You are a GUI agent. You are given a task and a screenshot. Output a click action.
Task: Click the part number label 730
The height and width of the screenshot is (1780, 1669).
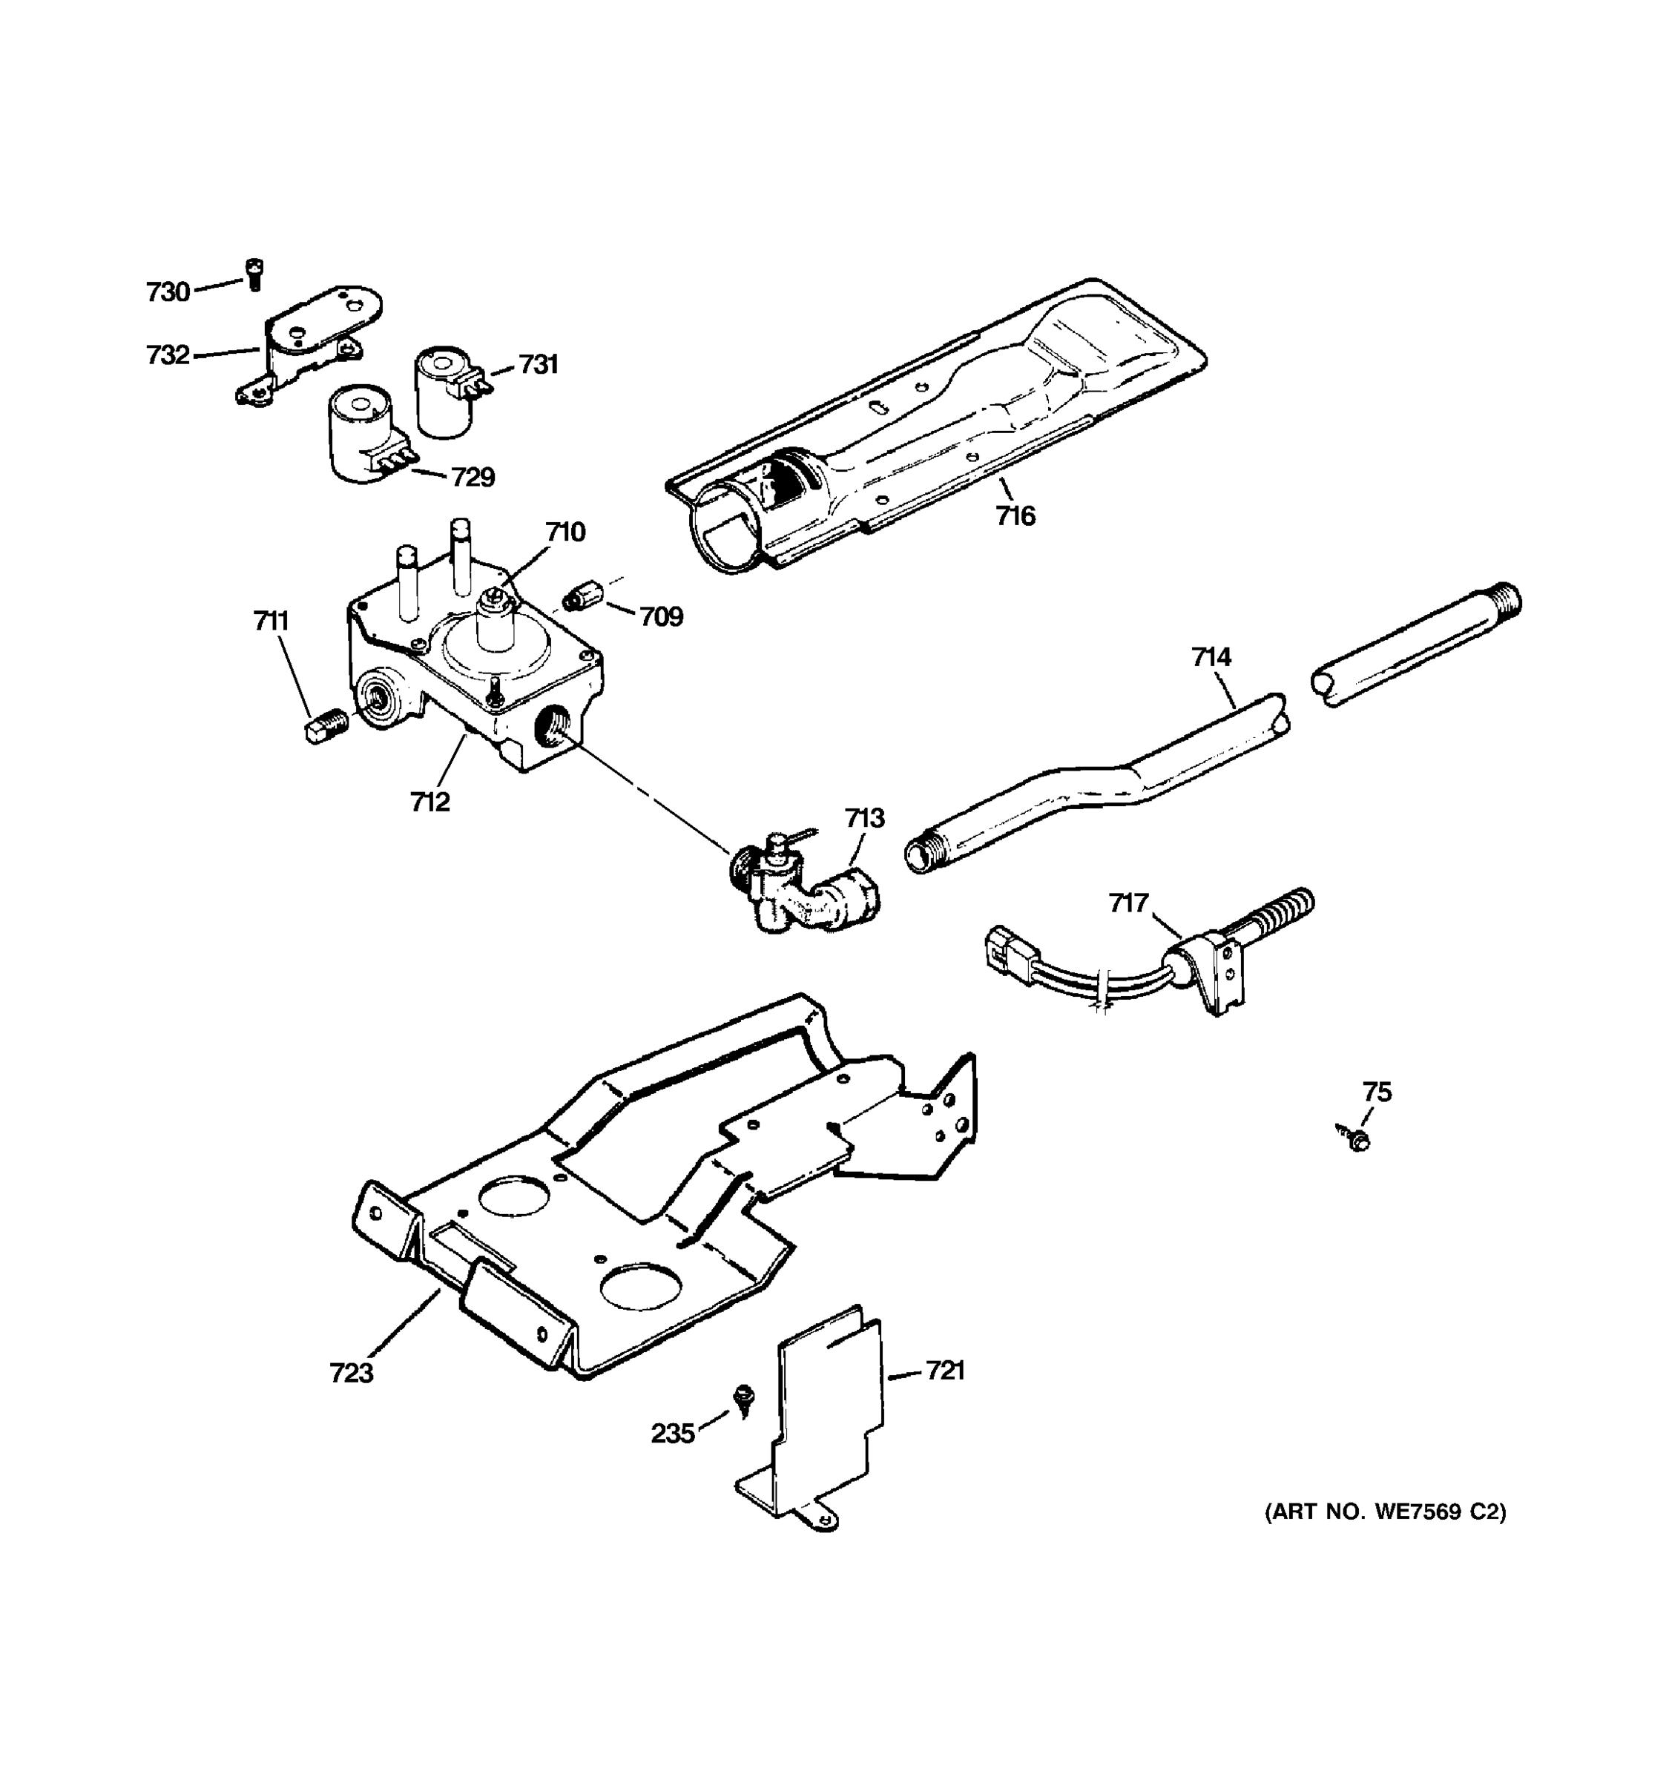click(x=168, y=292)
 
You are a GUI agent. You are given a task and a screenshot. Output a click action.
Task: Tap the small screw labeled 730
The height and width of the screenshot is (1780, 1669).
click(x=254, y=273)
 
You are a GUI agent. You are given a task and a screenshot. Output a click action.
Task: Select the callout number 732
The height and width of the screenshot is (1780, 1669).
click(x=168, y=355)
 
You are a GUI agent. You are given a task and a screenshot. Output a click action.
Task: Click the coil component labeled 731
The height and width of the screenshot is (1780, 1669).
click(x=444, y=392)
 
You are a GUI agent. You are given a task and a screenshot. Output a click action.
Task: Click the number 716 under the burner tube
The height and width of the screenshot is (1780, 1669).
click(x=1015, y=515)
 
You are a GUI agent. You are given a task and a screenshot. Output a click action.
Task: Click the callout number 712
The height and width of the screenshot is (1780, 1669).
click(x=429, y=801)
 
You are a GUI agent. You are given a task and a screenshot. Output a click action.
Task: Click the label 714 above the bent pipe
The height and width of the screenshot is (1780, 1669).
click(x=1211, y=656)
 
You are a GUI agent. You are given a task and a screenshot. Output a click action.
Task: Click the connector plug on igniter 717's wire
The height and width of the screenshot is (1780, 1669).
click(x=1007, y=950)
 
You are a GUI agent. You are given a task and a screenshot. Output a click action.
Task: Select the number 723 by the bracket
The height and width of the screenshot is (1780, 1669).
click(x=351, y=1373)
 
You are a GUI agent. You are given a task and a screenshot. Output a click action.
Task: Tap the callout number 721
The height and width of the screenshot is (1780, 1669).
click(x=944, y=1371)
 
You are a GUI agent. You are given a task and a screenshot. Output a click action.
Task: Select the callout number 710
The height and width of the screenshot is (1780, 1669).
click(x=565, y=532)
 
